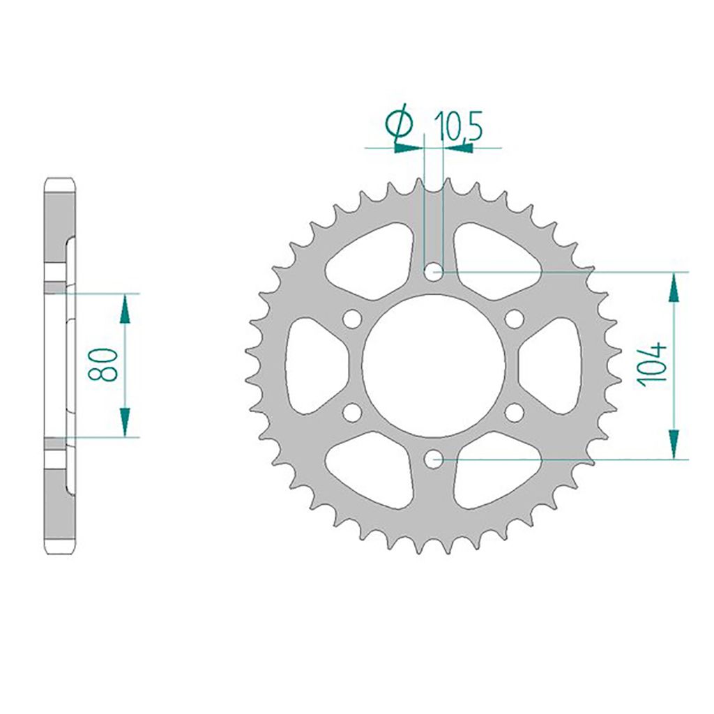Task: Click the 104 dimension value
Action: click(x=653, y=364)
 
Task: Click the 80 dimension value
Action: click(x=103, y=364)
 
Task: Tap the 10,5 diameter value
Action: click(x=457, y=126)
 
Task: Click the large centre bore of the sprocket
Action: click(x=434, y=365)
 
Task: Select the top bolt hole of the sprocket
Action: click(x=434, y=273)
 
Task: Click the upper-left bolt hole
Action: click(x=352, y=318)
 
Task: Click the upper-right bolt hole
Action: click(x=515, y=318)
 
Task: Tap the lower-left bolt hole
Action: click(x=352, y=413)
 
